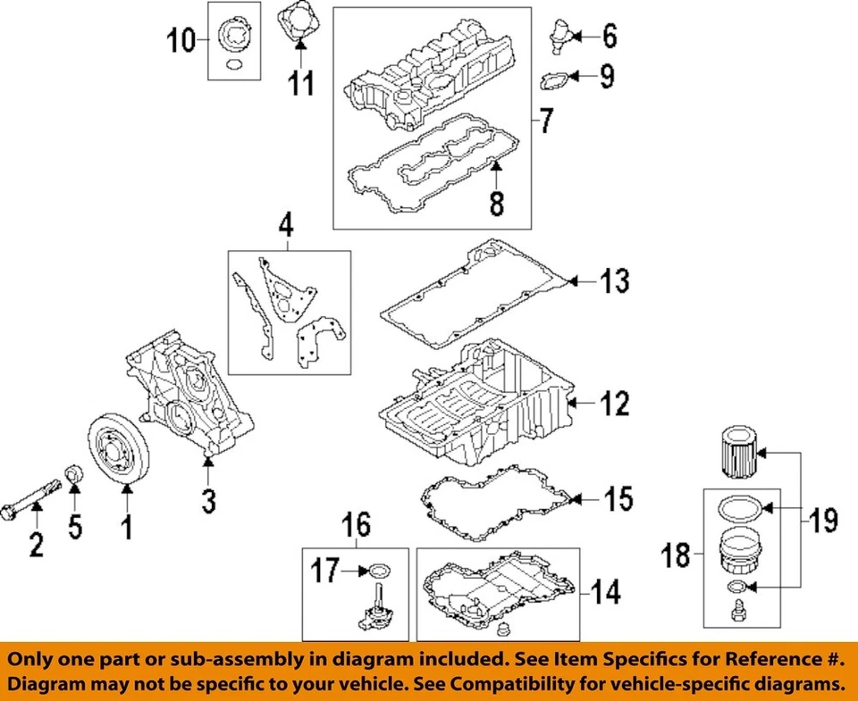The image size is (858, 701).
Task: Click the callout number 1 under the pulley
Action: click(x=127, y=528)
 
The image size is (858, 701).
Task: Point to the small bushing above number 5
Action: click(x=76, y=473)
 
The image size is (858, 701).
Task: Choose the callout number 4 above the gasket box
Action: click(x=286, y=227)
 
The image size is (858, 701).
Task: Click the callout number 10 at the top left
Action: click(x=182, y=39)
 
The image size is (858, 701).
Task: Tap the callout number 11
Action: click(x=301, y=85)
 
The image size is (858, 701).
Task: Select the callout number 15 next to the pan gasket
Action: click(x=618, y=498)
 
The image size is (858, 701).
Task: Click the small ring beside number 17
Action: click(x=379, y=570)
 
